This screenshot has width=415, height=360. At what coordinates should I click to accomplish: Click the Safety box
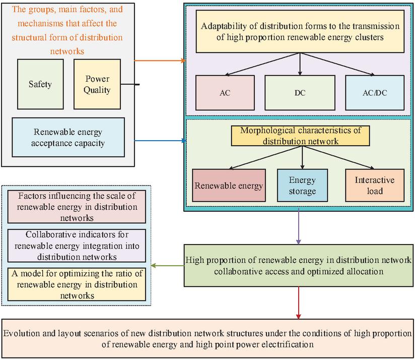tap(40, 84)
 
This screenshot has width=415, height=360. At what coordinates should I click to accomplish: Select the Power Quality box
tap(98, 84)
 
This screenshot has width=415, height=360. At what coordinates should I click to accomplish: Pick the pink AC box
tap(225, 93)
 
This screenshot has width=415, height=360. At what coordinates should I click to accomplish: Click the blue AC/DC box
tap(374, 93)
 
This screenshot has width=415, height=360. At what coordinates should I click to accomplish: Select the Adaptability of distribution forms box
tap(300, 33)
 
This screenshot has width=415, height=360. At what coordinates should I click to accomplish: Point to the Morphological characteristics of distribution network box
tap(300, 135)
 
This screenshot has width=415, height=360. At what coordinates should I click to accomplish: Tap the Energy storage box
tap(302, 185)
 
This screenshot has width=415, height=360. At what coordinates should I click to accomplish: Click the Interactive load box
tap(375, 185)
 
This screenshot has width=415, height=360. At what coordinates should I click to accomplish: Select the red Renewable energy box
tap(229, 185)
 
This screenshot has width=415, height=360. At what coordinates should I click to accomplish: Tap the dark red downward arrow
tap(299, 303)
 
